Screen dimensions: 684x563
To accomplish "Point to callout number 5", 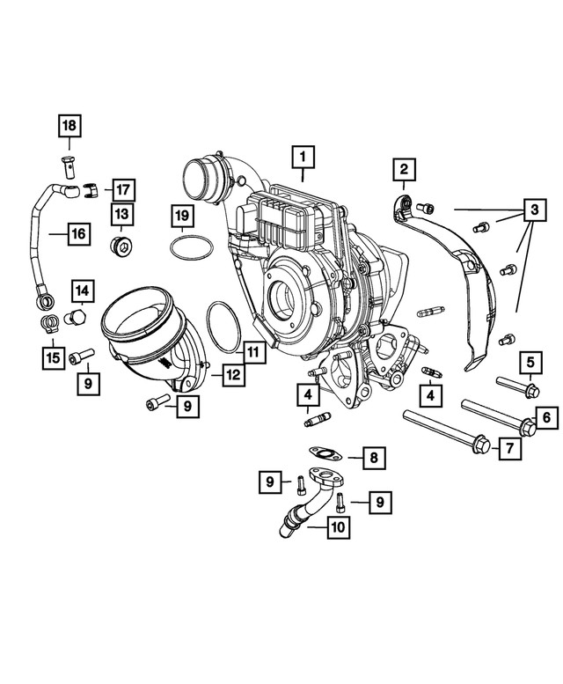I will (x=530, y=360).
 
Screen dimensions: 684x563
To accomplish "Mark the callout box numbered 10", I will (x=337, y=528).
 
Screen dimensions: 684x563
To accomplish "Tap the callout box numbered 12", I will (x=231, y=374).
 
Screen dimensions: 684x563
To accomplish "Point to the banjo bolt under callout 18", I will (x=69, y=163).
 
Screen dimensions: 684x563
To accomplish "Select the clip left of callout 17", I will (x=91, y=188).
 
